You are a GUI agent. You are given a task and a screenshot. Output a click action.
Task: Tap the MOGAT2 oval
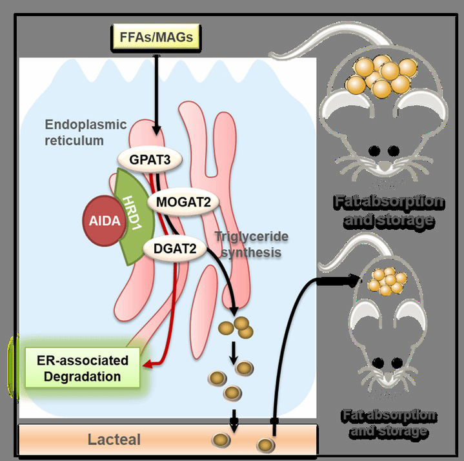click(x=183, y=202)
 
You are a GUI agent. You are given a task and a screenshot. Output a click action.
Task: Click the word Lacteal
click(x=115, y=441)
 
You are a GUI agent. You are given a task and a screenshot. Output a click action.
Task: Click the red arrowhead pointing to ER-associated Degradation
click(x=148, y=365)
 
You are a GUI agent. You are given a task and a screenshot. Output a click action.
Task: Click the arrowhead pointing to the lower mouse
click(x=354, y=280)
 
